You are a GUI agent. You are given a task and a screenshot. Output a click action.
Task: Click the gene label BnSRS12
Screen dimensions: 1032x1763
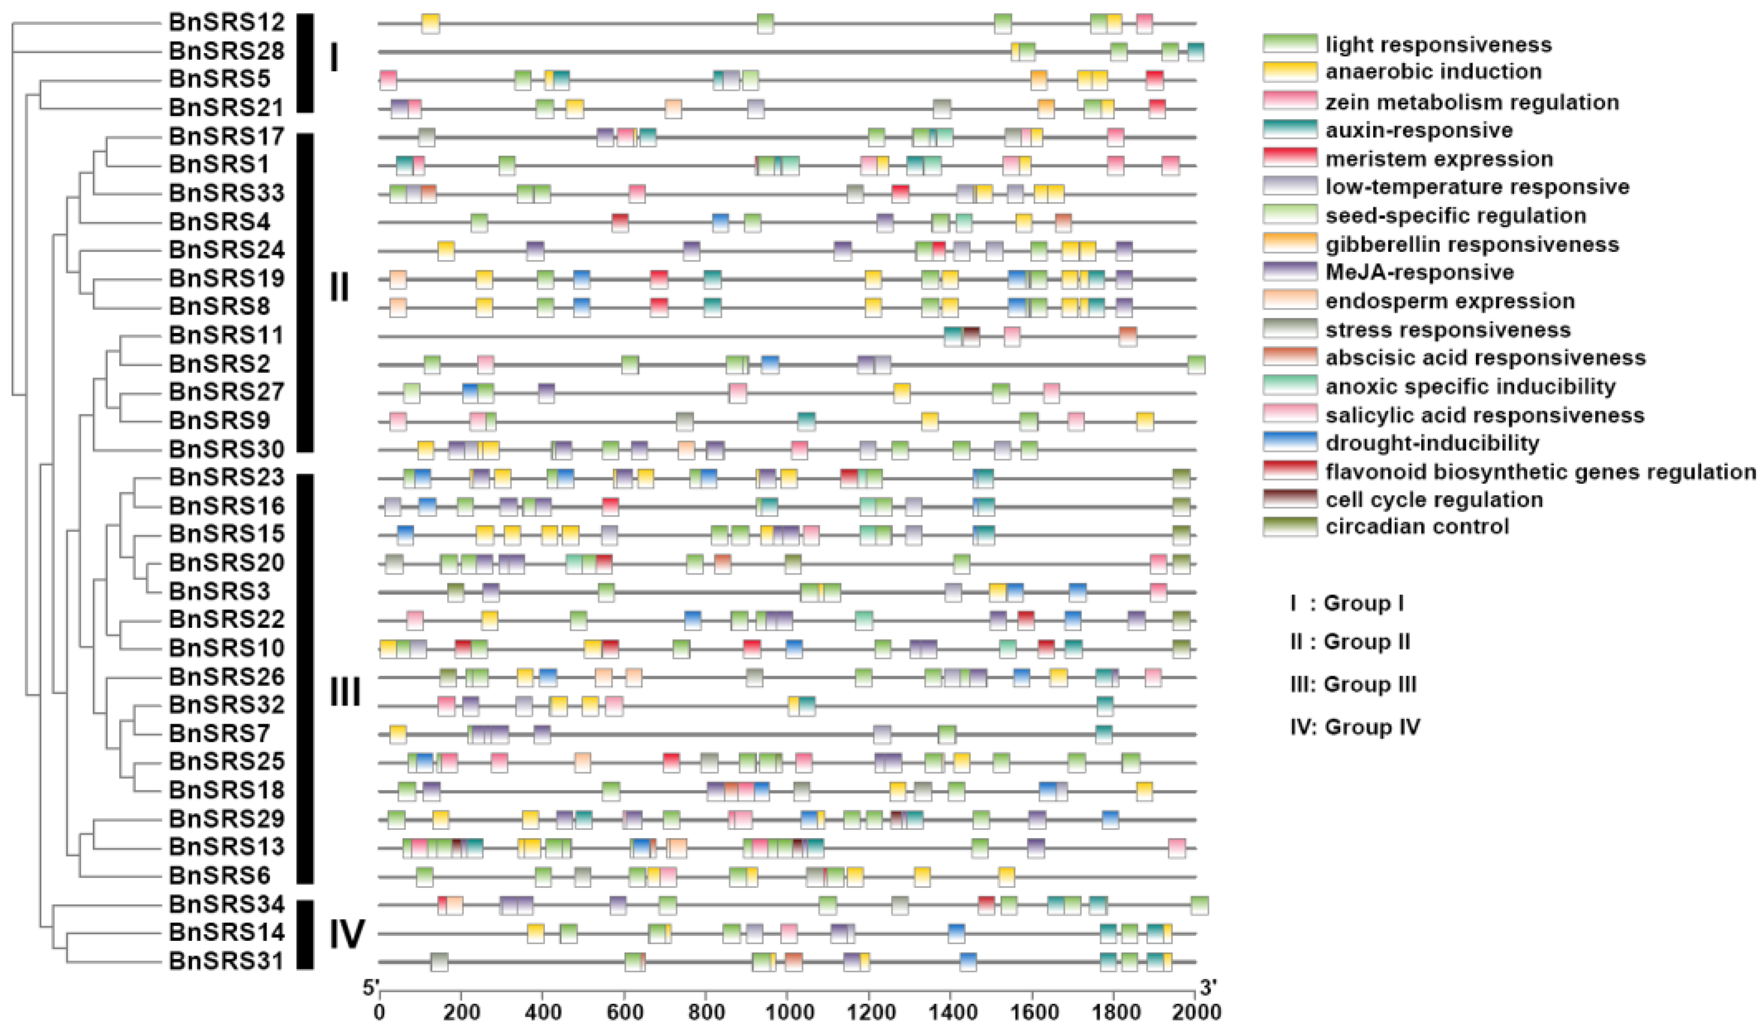[x=227, y=23]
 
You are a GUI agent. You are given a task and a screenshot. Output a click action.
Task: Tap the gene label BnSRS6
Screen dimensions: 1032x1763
[x=220, y=875]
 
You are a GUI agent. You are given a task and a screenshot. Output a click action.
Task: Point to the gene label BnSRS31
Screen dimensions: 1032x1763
[x=227, y=961]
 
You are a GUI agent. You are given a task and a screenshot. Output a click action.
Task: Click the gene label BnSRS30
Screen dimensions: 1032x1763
[x=227, y=449]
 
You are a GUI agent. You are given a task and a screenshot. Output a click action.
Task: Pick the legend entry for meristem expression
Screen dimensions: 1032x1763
[x=1439, y=159]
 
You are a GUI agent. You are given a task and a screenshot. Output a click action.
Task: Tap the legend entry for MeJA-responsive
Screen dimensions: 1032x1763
[x=1420, y=272]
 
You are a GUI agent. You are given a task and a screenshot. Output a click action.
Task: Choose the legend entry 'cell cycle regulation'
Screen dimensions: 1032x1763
[x=1434, y=499]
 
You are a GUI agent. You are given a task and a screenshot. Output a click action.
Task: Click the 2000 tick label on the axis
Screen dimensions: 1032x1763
[x=1196, y=1012]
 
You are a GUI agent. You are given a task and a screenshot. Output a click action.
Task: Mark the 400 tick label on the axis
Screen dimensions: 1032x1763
[x=542, y=1012]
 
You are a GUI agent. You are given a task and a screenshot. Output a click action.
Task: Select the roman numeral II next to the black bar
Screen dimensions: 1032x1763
[x=339, y=288]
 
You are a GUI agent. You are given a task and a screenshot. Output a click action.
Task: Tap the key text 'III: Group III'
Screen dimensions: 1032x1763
[x=1353, y=684]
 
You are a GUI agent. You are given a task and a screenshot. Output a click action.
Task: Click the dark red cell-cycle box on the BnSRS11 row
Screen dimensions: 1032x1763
[x=971, y=336]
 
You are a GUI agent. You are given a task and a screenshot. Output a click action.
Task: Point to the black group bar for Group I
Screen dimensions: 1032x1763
[x=305, y=63]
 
